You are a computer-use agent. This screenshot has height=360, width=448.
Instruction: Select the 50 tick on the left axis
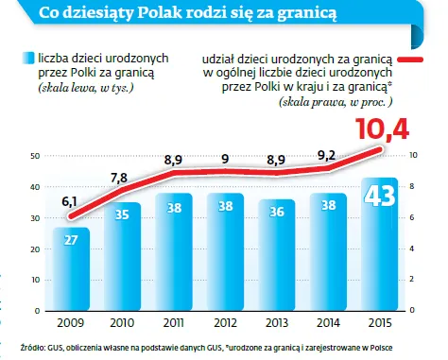(x=36, y=155)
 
